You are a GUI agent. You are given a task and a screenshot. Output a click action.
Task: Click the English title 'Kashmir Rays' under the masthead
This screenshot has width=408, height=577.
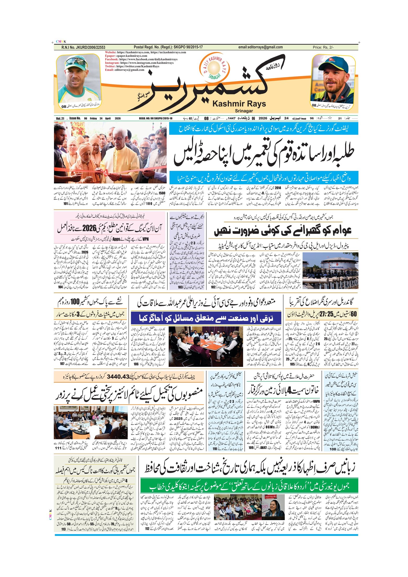[239, 104]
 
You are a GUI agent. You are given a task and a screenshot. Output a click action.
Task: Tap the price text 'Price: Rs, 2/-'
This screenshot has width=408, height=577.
[323, 47]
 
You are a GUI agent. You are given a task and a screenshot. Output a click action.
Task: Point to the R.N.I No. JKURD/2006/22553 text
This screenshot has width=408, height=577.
[83, 47]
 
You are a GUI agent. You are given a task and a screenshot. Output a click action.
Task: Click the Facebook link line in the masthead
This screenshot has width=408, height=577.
[141, 59]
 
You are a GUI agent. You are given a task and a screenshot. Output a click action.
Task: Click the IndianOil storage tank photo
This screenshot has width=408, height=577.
[330, 270]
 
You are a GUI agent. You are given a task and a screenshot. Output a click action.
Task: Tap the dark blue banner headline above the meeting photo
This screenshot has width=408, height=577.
[206, 318]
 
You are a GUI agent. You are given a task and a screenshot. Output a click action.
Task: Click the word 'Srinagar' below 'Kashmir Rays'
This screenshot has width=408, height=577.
[244, 111]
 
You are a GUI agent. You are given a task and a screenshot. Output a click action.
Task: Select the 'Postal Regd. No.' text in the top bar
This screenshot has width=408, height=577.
[168, 47]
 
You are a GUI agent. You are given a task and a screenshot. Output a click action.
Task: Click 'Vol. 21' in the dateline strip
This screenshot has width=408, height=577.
[60, 119]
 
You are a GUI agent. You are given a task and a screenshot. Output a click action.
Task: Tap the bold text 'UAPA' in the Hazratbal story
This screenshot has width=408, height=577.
[316, 401]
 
